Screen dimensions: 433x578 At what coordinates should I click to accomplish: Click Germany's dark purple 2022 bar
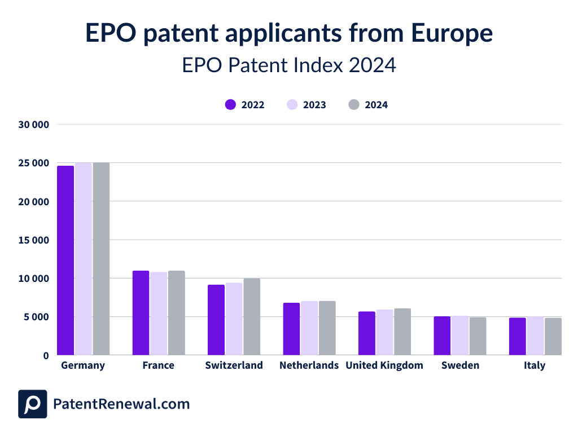click(65, 260)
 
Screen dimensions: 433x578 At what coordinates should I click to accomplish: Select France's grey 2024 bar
click(176, 313)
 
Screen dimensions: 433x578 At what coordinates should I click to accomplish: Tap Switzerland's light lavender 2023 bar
click(234, 319)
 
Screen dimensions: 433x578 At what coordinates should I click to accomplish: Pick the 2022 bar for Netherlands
click(291, 329)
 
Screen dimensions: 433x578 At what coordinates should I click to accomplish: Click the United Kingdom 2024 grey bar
click(402, 332)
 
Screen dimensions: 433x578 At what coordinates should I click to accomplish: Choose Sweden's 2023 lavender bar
click(459, 335)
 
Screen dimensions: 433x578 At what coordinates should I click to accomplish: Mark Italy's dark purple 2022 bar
click(518, 336)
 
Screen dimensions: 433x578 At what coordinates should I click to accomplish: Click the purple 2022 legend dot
click(230, 105)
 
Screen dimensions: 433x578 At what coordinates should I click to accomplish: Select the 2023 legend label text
click(314, 105)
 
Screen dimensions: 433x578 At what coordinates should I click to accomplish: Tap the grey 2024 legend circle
click(354, 105)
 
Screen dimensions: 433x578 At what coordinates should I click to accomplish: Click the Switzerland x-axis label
click(234, 365)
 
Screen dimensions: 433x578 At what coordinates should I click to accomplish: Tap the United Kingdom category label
click(384, 365)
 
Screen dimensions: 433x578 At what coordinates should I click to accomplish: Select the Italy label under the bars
click(534, 365)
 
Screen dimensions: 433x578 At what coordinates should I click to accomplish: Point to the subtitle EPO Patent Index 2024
click(289, 65)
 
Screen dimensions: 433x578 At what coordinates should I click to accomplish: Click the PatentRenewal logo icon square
click(33, 404)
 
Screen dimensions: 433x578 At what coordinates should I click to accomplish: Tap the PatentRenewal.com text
click(121, 404)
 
